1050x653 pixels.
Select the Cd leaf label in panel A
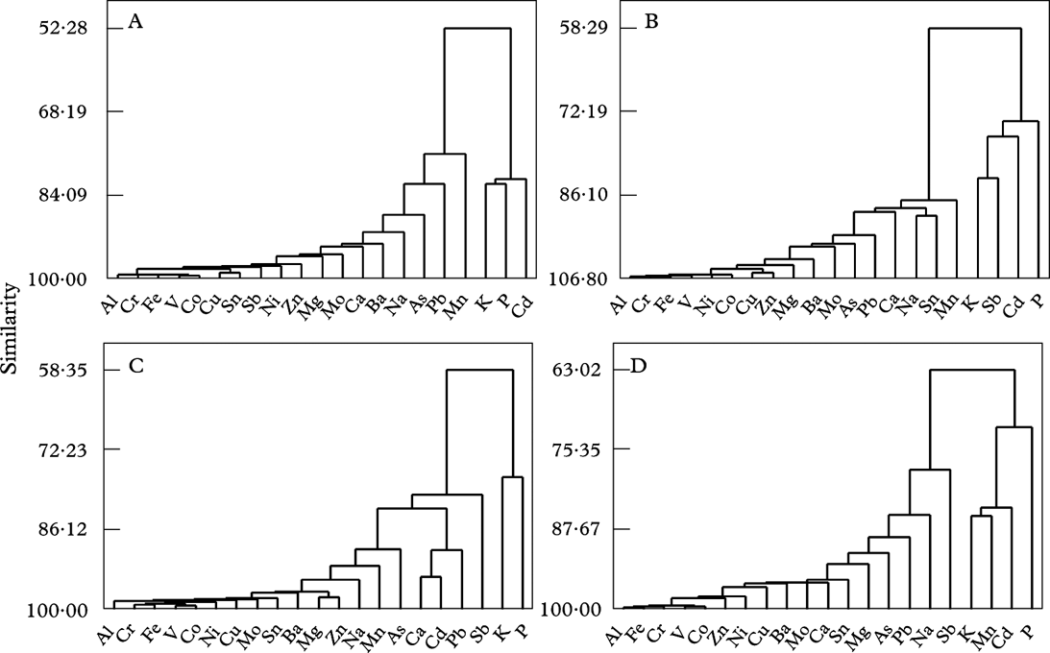[x=521, y=309]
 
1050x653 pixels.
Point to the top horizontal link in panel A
[x=476, y=29]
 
